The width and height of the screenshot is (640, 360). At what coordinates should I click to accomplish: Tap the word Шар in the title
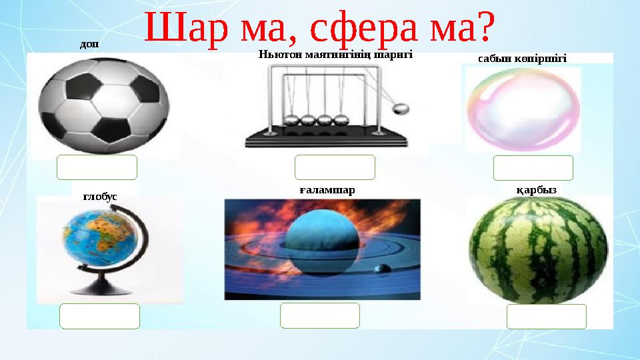(x=179, y=28)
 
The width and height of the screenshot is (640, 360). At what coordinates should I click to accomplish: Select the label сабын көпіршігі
(x=522, y=59)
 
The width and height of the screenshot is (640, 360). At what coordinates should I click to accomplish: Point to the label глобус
(x=100, y=197)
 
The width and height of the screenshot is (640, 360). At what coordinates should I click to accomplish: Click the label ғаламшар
(x=327, y=190)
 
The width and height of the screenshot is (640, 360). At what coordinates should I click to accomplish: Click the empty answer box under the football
(x=97, y=167)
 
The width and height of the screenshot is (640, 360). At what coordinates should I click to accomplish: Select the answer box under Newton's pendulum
(x=335, y=167)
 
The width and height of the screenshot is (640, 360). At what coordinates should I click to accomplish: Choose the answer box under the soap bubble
(x=533, y=168)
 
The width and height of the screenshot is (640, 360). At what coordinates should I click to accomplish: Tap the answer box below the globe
(x=99, y=316)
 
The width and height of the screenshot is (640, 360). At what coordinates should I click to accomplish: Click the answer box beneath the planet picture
(x=319, y=315)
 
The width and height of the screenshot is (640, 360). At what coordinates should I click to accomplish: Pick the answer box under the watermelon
(x=546, y=317)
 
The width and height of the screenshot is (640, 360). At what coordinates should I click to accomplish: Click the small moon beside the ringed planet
(x=382, y=269)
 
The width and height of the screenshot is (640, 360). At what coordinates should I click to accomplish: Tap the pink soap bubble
(x=523, y=109)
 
